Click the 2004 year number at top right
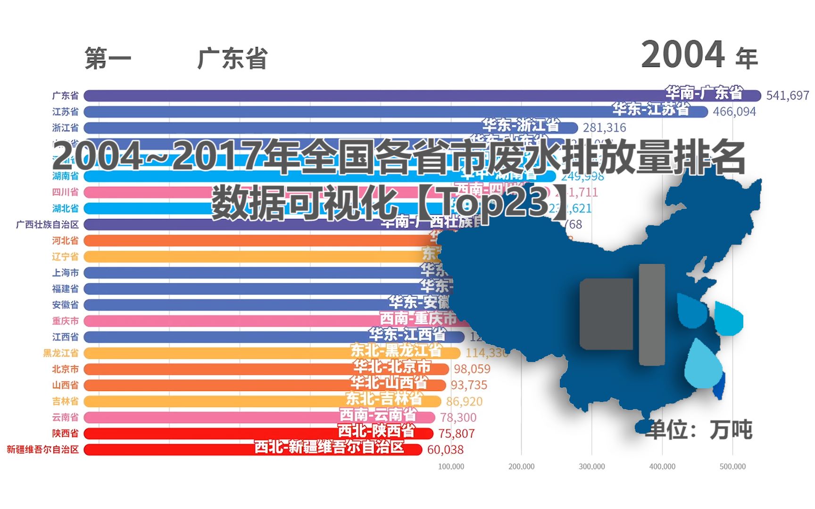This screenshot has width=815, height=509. [x=683, y=55]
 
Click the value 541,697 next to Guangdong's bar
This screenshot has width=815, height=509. [x=787, y=96]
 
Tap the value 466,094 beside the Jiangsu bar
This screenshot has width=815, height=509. [x=734, y=112]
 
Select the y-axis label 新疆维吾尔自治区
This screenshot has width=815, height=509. [x=42, y=450]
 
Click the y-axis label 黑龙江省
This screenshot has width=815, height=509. [x=61, y=353]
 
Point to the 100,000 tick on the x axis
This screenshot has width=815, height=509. [x=451, y=467]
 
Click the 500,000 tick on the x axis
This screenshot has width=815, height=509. [x=732, y=467]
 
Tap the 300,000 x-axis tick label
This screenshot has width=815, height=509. [x=591, y=467]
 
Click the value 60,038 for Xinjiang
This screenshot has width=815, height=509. [x=445, y=450]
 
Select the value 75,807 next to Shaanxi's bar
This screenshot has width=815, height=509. [x=456, y=434]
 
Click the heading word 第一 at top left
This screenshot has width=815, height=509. [x=108, y=59]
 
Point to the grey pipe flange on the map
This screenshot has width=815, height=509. [x=652, y=314]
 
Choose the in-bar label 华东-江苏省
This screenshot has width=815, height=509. [x=651, y=109]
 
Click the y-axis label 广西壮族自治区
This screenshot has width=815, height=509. [x=47, y=224]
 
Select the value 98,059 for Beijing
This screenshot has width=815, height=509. [x=472, y=369]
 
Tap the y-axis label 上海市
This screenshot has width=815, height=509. [x=65, y=273]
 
